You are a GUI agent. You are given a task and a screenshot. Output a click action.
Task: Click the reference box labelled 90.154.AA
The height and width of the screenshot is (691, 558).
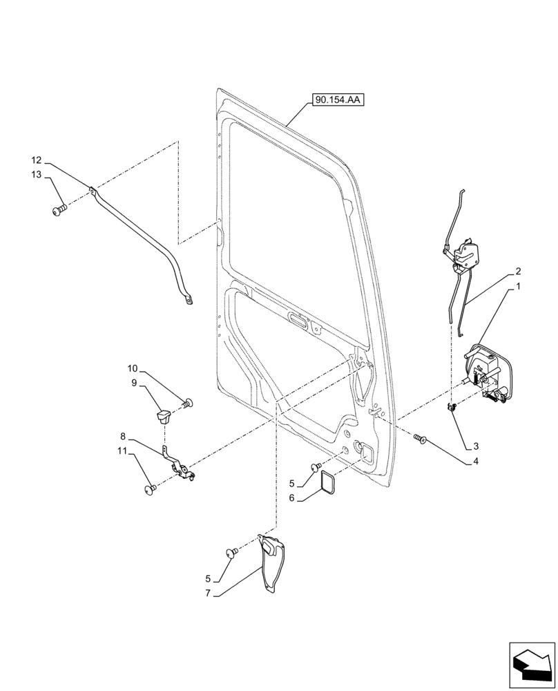pyautogui.click(x=338, y=100)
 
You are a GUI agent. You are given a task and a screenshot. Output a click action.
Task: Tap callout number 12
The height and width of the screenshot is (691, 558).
pyautogui.click(x=37, y=158)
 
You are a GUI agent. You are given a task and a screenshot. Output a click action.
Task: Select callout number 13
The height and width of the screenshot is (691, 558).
pyautogui.click(x=37, y=174)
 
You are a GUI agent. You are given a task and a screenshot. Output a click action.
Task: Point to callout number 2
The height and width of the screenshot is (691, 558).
pyautogui.click(x=518, y=272)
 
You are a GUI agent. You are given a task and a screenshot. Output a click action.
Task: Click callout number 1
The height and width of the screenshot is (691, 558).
pyautogui.click(x=518, y=285)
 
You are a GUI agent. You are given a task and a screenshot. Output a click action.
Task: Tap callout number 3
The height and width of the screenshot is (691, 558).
pyautogui.click(x=476, y=447)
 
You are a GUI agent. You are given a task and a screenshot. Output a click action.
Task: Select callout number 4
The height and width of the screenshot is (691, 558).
pyautogui.click(x=476, y=462)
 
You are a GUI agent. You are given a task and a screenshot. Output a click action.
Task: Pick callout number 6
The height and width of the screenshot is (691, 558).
pyautogui.click(x=291, y=498)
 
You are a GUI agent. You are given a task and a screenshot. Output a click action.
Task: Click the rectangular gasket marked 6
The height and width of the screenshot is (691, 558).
pyautogui.click(x=326, y=483)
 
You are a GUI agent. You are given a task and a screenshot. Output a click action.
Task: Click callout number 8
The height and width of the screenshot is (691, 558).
pyautogui.click(x=123, y=437)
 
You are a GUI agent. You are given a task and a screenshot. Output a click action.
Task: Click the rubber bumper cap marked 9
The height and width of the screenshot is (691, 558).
pyautogui.click(x=164, y=415)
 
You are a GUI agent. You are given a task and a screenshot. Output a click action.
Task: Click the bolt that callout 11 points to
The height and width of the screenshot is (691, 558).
pyautogui.click(x=148, y=490)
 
